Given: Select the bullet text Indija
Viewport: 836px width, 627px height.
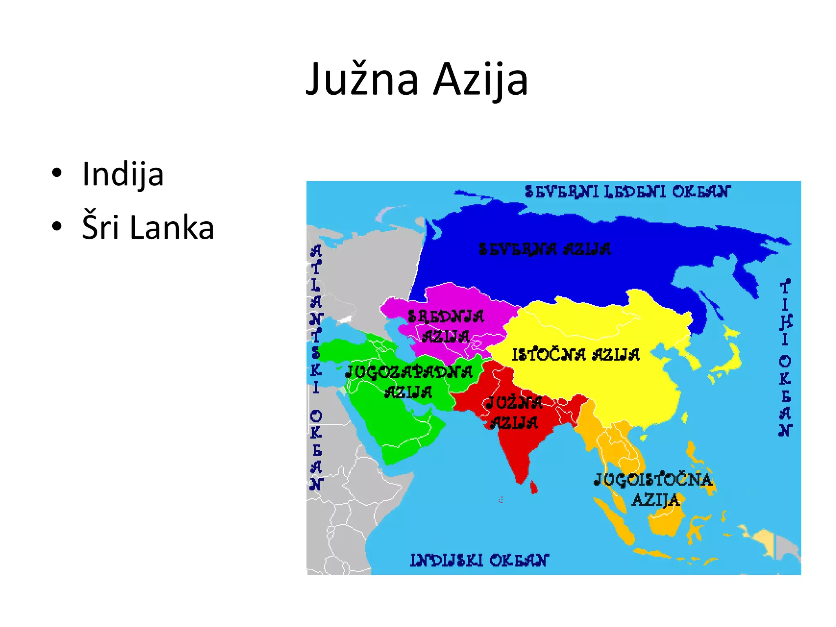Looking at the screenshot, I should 123,174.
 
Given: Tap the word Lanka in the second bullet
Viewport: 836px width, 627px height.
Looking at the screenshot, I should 171,227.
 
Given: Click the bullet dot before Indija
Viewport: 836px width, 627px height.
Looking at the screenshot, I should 57,173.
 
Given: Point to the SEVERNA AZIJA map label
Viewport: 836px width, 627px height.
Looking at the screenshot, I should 545,249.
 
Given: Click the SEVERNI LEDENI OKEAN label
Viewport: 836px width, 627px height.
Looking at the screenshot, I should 627,191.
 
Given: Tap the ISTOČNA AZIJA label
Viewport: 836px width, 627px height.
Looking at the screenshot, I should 576,355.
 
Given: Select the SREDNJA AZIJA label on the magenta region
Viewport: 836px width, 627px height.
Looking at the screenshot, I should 446,326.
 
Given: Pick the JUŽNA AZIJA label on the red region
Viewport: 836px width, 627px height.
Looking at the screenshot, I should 514,413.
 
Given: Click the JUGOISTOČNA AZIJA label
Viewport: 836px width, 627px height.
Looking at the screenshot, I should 653,489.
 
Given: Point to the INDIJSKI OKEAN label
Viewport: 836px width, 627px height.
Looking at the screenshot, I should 479,560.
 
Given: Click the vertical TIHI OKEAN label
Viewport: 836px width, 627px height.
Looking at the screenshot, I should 785,358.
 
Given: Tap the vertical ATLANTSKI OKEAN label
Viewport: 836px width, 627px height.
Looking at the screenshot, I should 316,367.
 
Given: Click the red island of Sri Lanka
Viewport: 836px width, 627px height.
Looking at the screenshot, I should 534,487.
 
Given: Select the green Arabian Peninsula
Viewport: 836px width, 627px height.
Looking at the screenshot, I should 400,429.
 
